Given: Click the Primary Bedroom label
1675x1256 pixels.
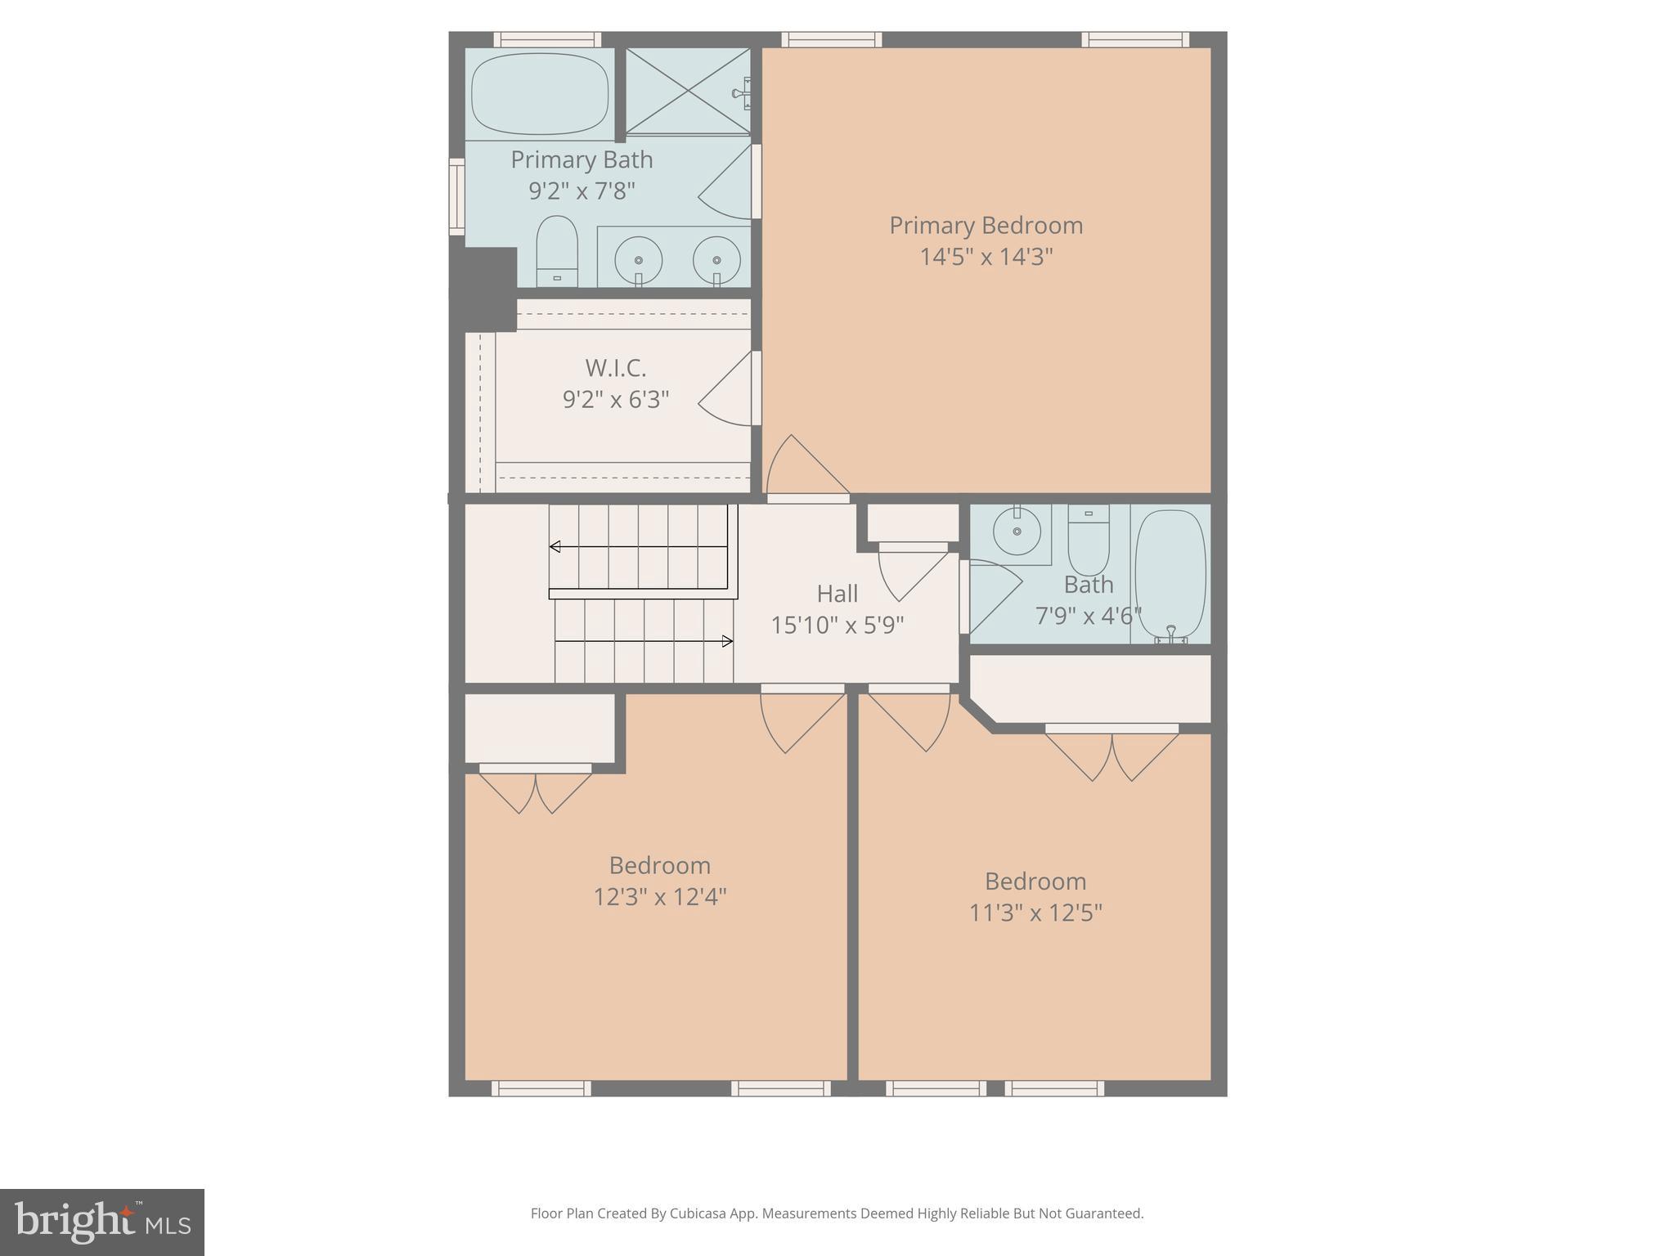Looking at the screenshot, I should pos(986,226).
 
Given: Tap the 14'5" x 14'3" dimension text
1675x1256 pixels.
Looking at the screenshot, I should pos(986,257).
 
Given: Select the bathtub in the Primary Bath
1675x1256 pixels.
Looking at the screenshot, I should pos(540,93).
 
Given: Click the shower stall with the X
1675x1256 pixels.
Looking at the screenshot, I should pos(688,91).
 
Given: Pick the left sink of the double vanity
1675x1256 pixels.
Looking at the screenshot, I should pos(638,260).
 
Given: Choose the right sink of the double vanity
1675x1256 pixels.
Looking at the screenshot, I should pos(716,260).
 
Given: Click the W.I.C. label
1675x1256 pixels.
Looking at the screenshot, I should pos(615,368).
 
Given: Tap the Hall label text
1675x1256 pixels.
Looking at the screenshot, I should pos(837,594).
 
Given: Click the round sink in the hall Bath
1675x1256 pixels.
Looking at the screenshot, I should pos(1017,532).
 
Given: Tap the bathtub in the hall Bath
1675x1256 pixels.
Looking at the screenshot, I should pos(1170,572).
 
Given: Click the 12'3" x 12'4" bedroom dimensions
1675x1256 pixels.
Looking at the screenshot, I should pos(659,897).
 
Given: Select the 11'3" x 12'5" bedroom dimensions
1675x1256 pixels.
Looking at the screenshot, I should pos(1035,913).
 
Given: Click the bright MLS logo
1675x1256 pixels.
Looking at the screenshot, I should pos(102,1222).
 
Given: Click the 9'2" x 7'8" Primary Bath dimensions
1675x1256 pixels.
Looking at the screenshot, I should pos(582,191).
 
